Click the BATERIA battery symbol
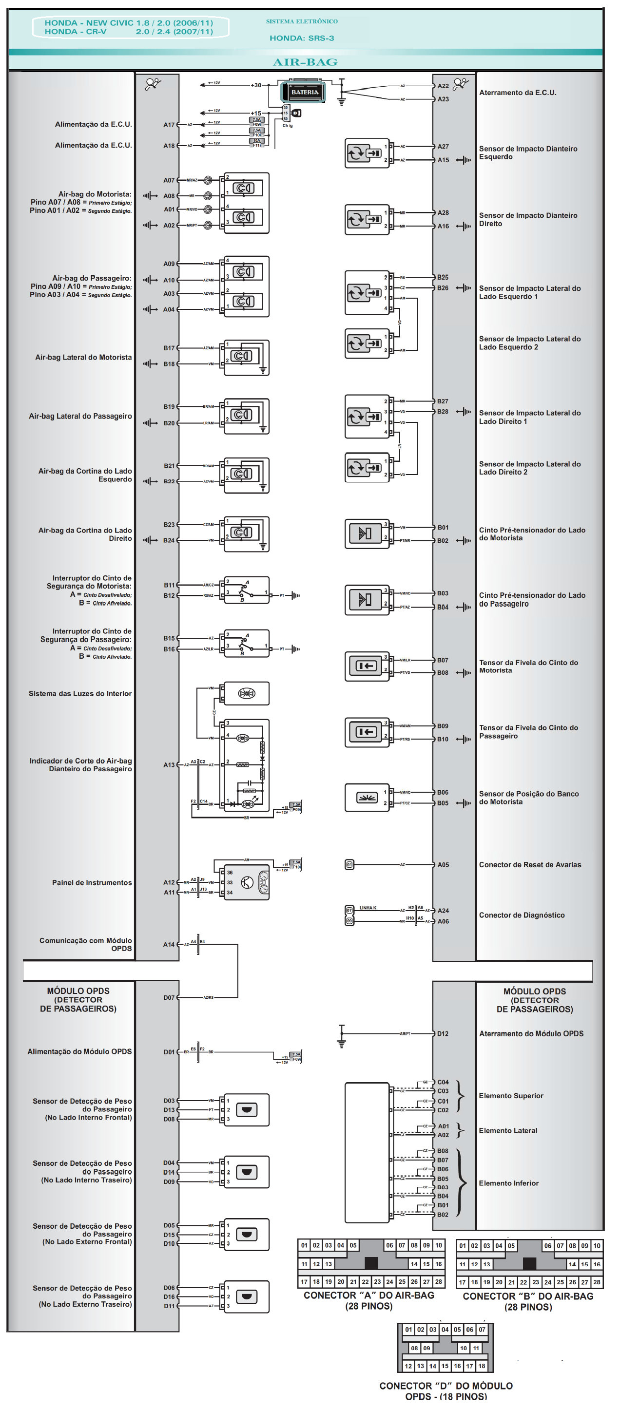tap(305, 92)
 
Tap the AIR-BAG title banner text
tap(305, 62)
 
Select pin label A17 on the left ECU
tap(169, 125)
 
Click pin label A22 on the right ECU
tap(443, 86)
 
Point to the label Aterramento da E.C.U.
tap(518, 93)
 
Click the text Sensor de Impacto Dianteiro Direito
tap(527, 220)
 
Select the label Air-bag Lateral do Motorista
tap(84, 358)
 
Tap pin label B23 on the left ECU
tap(169, 524)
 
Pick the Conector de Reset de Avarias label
tap(530, 865)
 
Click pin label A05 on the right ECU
tap(443, 865)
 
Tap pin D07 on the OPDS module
tap(169, 997)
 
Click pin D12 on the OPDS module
tap(443, 1033)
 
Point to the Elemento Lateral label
tap(507, 1130)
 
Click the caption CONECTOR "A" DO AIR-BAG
tap(369, 1295)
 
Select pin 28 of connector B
tap(597, 1282)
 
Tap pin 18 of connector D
tap(482, 1366)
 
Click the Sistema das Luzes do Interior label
tap(80, 693)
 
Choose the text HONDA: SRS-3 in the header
tap(302, 38)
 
